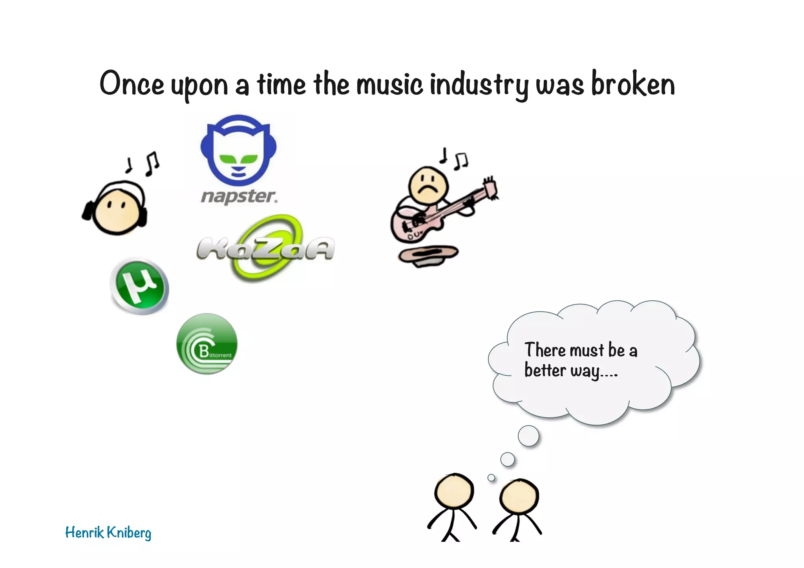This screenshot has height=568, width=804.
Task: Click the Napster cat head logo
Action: point(238,149)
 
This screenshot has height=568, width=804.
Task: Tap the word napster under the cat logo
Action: point(239,196)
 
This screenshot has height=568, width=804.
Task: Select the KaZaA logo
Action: point(266,248)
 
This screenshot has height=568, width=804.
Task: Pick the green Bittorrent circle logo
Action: point(207,344)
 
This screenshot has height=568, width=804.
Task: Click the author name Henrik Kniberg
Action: point(108,533)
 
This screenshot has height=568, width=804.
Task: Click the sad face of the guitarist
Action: point(428,185)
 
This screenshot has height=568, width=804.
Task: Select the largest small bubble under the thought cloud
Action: point(528,436)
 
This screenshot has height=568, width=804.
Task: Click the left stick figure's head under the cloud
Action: point(454,491)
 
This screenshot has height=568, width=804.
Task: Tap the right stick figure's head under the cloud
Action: point(519,497)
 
